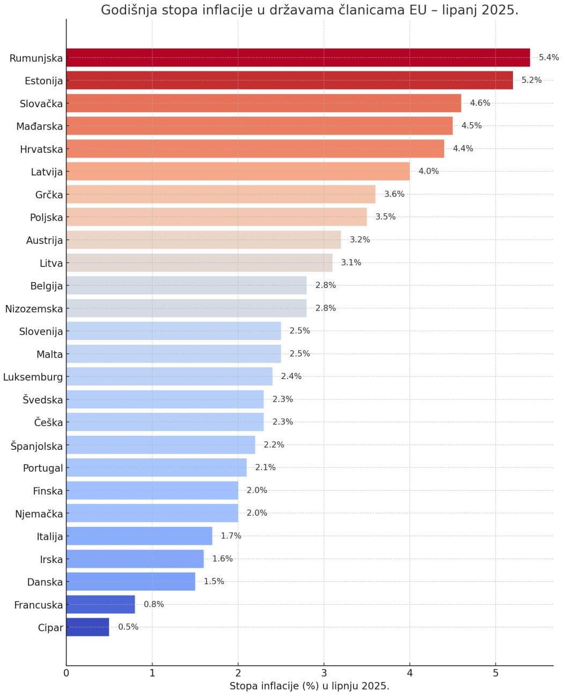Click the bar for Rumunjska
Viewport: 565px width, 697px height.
pyautogui.click(x=298, y=58)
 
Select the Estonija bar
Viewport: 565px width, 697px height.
pyautogui.click(x=289, y=80)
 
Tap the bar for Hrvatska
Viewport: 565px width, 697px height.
pyautogui.click(x=255, y=149)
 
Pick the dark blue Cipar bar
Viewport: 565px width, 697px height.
pyautogui.click(x=87, y=627)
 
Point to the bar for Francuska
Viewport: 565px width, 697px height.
pyautogui.click(x=100, y=605)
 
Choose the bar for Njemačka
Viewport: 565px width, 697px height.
pyautogui.click(x=152, y=514)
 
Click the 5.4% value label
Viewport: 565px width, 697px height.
pyautogui.click(x=548, y=57)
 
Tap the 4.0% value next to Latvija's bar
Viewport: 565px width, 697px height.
pyautogui.click(x=428, y=172)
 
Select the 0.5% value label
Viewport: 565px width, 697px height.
pyautogui.click(x=128, y=627)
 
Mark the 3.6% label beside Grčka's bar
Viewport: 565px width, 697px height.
pyautogui.click(x=394, y=194)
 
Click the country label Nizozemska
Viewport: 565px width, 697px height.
pyautogui.click(x=34, y=309)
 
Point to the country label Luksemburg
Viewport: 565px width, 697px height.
pyautogui.click(x=33, y=377)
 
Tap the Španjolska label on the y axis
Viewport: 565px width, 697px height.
pyautogui.click(x=36, y=446)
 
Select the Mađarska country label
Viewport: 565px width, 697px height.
pyautogui.click(x=39, y=127)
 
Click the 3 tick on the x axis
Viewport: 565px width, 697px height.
pyautogui.click(x=324, y=673)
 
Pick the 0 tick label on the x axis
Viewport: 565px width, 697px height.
pyautogui.click(x=67, y=673)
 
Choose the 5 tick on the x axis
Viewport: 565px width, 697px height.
pyautogui.click(x=495, y=673)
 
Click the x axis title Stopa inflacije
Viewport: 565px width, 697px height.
pyautogui.click(x=309, y=686)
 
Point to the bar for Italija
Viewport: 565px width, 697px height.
pyautogui.click(x=139, y=536)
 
